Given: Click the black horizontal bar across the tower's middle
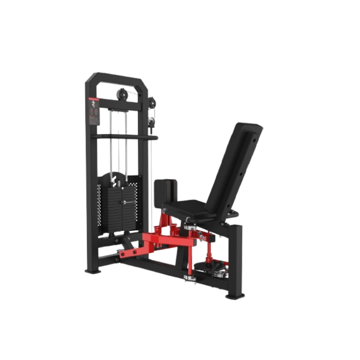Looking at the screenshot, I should point(125,136).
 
